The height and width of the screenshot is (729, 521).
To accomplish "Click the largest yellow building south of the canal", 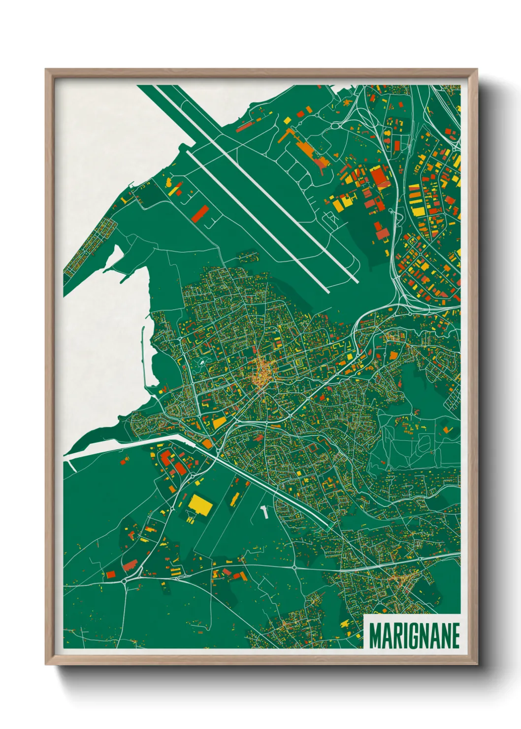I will [200, 504].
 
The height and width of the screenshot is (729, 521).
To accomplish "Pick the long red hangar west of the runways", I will [200, 213].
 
